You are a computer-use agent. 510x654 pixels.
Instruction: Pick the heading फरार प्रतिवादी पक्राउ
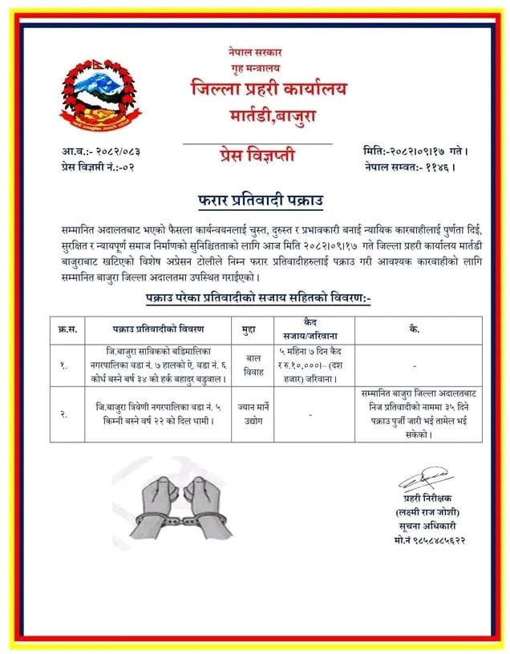coord(255,197)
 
